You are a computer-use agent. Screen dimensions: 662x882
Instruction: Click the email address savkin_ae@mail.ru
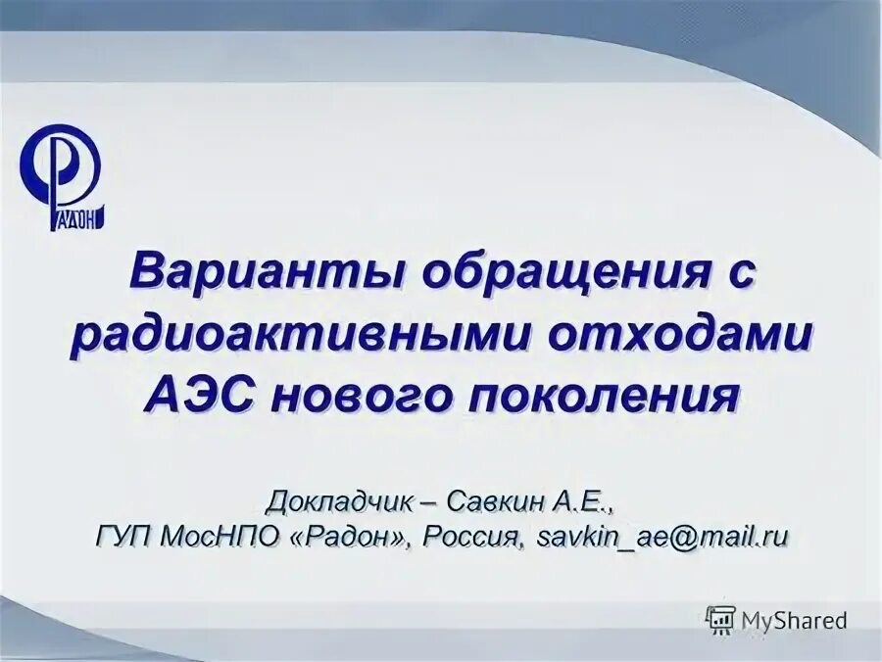coord(663,537)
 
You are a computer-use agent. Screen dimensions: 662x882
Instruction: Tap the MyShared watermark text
coord(794,620)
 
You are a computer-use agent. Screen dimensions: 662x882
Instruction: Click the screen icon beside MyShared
coord(720,620)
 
